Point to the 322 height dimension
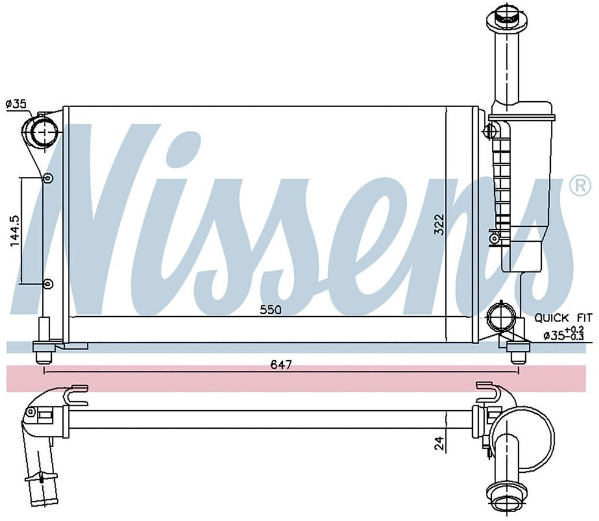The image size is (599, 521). click(x=439, y=224)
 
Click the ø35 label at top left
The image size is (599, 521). click(x=16, y=104)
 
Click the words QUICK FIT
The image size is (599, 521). click(x=563, y=318)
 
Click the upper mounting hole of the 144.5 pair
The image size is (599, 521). click(x=49, y=177)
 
